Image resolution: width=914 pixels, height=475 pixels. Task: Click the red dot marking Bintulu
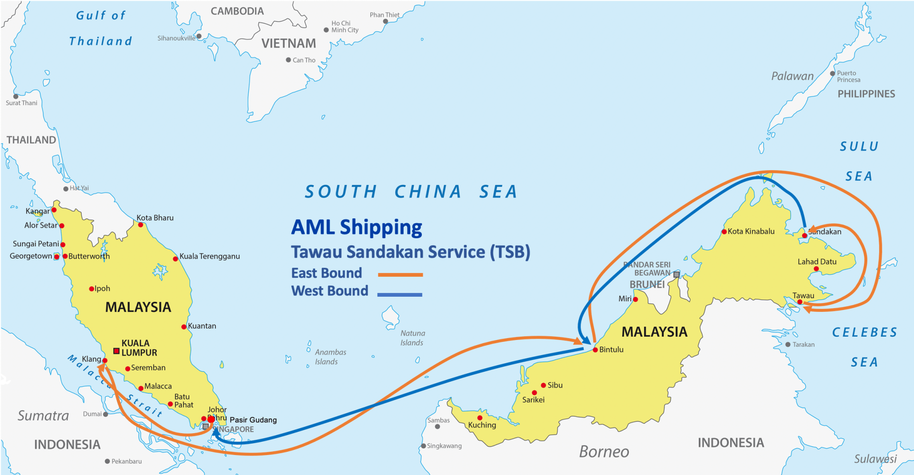click(595, 350)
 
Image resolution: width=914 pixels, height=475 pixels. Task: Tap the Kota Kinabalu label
click(751, 232)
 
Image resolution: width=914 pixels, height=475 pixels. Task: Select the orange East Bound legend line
click(400, 275)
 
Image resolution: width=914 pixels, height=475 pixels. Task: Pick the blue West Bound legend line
click(399, 295)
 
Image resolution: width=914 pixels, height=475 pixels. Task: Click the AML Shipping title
click(357, 227)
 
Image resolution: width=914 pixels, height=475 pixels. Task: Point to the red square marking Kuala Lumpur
click(116, 351)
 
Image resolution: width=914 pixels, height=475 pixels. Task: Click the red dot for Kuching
click(480, 418)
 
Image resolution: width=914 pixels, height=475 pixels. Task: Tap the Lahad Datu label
click(817, 262)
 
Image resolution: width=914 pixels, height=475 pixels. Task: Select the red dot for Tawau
click(800, 302)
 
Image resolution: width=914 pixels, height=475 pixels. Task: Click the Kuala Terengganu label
click(209, 256)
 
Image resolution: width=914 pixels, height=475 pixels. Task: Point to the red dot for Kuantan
click(184, 327)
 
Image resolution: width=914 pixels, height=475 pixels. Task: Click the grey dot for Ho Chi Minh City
click(326, 30)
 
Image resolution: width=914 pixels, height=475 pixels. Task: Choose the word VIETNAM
click(288, 44)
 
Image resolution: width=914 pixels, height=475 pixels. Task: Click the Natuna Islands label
click(412, 338)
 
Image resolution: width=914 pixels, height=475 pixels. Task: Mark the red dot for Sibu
click(543, 385)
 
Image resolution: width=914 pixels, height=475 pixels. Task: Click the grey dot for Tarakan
click(788, 345)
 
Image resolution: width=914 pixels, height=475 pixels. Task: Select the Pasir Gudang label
click(253, 420)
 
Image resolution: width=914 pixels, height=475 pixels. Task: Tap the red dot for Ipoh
click(91, 289)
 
